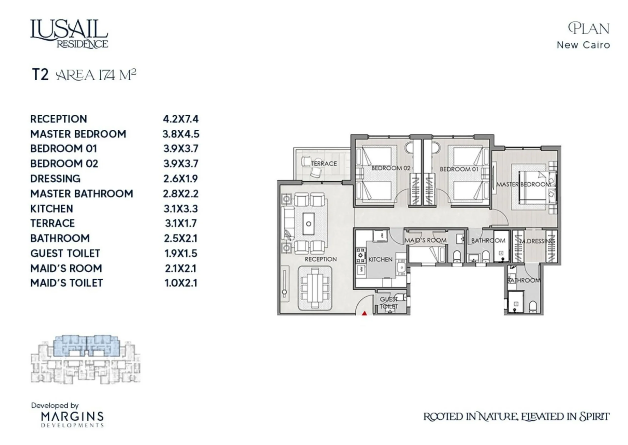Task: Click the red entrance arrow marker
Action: click(x=364, y=313)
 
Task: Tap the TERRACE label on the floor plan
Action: click(x=324, y=164)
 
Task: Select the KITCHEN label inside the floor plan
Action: click(x=380, y=259)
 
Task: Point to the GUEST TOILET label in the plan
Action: click(x=389, y=303)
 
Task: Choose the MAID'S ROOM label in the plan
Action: click(x=426, y=240)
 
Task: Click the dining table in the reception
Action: click(x=315, y=288)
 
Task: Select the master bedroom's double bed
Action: click(x=535, y=187)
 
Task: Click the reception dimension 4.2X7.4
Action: click(x=181, y=119)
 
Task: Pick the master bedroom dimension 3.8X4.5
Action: click(x=181, y=134)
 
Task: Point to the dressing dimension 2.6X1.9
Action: click(x=181, y=179)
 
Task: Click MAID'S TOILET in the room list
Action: click(x=66, y=283)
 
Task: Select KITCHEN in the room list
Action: click(x=52, y=209)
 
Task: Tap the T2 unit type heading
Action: click(x=40, y=74)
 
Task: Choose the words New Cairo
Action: click(x=583, y=45)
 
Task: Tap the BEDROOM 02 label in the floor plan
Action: click(x=391, y=168)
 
